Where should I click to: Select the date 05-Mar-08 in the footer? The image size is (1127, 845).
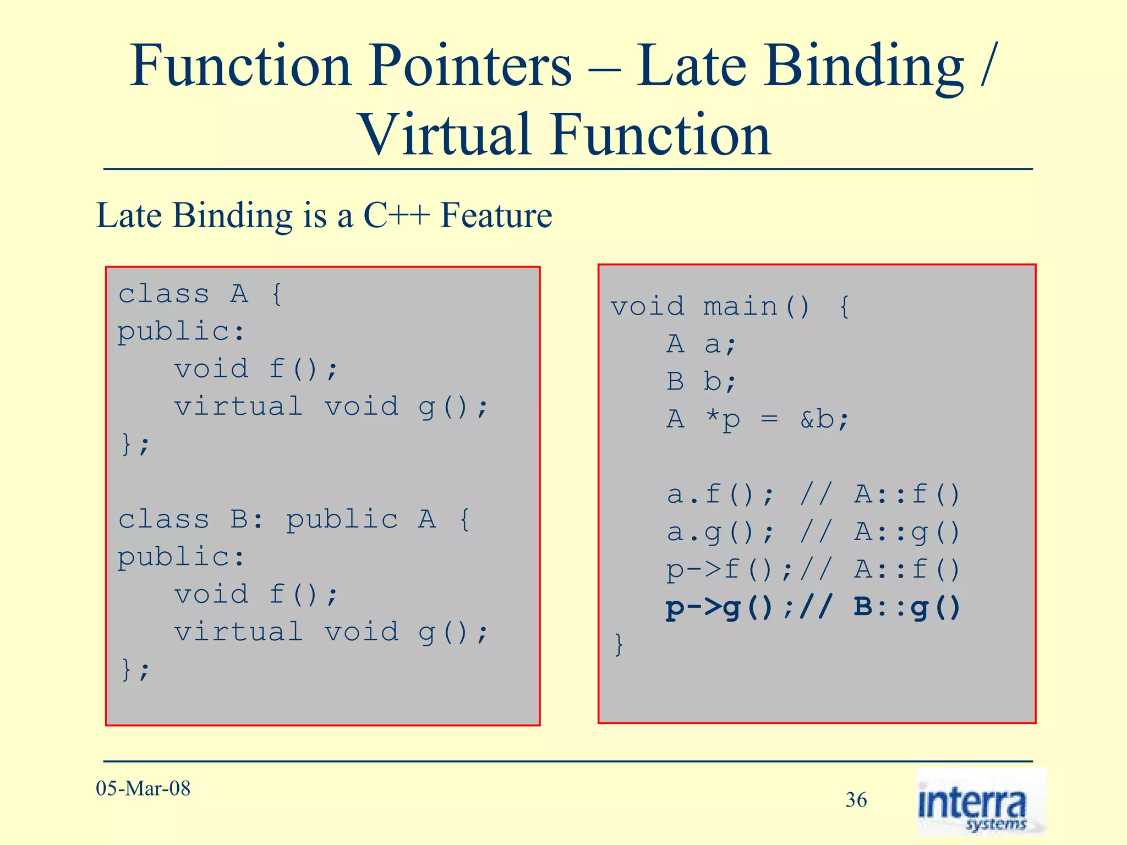(x=143, y=788)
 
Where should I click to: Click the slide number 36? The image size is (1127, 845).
(x=856, y=800)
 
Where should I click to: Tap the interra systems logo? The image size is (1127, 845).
(x=980, y=803)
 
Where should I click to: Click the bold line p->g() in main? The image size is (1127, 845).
(x=813, y=607)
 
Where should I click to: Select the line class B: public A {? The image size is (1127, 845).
(x=294, y=519)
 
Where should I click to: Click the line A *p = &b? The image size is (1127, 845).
(x=758, y=420)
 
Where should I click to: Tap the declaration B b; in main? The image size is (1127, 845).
(x=701, y=382)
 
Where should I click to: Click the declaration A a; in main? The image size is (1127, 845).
(x=701, y=344)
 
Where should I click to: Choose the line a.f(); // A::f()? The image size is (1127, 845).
(x=813, y=494)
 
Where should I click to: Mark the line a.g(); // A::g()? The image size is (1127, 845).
(x=813, y=532)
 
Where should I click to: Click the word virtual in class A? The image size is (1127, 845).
(x=238, y=407)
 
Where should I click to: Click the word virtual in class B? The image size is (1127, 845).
(x=238, y=632)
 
